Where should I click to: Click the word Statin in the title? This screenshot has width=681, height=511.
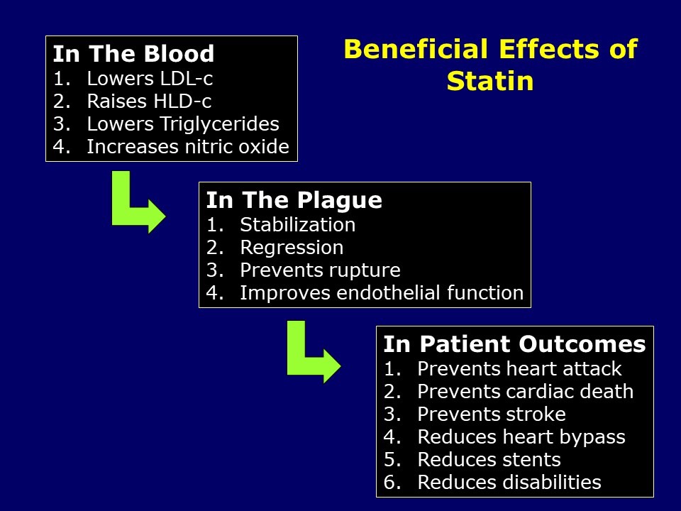pyautogui.click(x=489, y=81)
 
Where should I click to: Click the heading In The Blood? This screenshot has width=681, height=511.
pyautogui.click(x=133, y=53)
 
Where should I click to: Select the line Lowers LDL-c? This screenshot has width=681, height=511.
pyautogui.click(x=150, y=78)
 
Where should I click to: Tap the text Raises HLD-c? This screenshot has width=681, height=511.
pyautogui.click(x=149, y=101)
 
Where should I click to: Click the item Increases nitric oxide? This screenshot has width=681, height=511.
pyautogui.click(x=188, y=147)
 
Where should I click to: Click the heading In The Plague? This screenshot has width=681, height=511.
pyautogui.click(x=294, y=200)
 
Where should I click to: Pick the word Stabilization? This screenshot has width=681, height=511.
pyautogui.click(x=298, y=225)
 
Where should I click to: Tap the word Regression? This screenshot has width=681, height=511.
pyautogui.click(x=292, y=248)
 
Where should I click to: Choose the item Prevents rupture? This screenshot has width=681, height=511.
pyautogui.click(x=320, y=270)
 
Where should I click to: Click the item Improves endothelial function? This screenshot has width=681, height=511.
pyautogui.click(x=382, y=293)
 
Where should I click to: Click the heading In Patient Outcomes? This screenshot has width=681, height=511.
pyautogui.click(x=514, y=344)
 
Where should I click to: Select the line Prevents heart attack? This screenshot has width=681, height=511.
pyautogui.click(x=519, y=369)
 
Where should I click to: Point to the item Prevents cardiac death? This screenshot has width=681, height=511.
pyautogui.click(x=526, y=392)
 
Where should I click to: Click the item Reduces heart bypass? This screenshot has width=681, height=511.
pyautogui.click(x=521, y=437)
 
